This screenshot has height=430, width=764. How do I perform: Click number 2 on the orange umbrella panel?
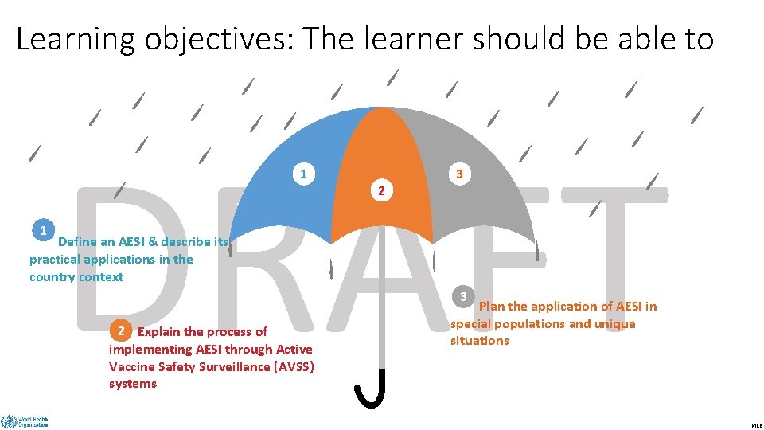(381, 191)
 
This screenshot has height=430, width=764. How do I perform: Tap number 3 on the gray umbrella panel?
(458, 174)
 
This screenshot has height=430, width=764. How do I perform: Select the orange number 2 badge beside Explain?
(121, 330)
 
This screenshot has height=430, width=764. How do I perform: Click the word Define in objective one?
(77, 242)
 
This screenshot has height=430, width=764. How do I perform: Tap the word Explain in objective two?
(159, 332)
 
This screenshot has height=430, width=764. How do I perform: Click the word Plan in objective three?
(492, 307)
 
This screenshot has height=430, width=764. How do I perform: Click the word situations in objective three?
(479, 341)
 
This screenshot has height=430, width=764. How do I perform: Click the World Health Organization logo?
(25, 421)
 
